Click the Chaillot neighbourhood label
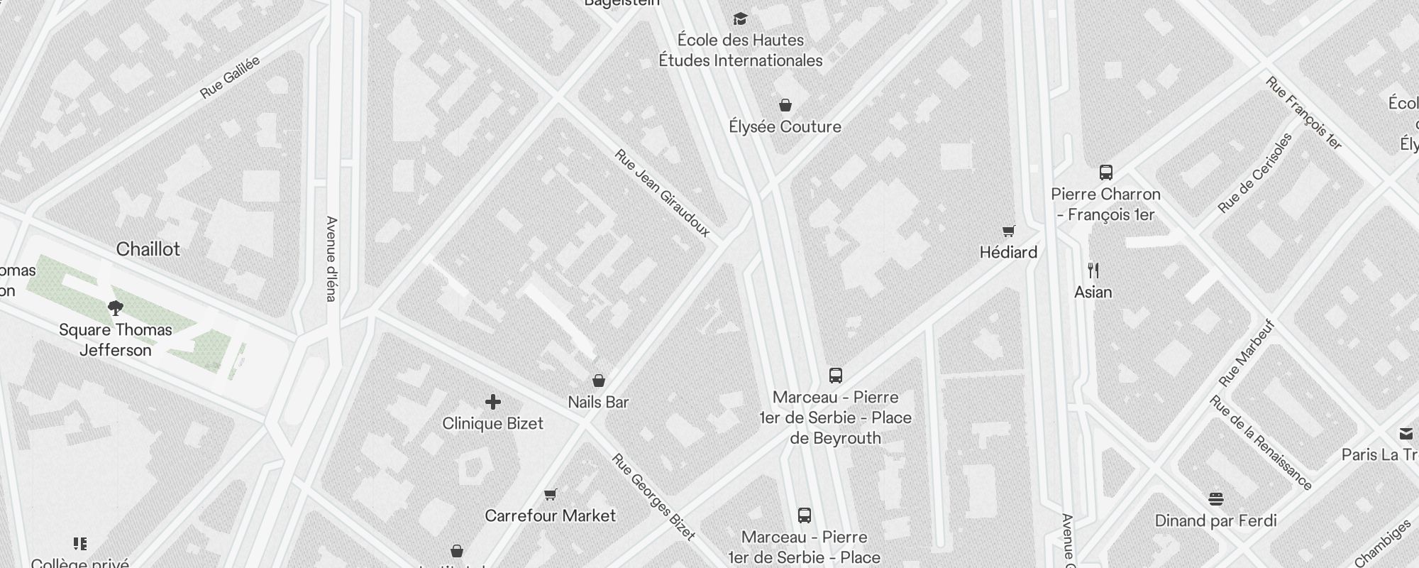point(148,249)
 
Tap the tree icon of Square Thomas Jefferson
point(116,308)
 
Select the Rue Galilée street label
point(230,77)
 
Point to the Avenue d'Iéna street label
point(331,258)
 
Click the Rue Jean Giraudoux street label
point(662,192)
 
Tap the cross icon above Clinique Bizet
point(493,403)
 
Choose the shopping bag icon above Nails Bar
point(599,381)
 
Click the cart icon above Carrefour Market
point(551,494)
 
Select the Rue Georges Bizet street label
point(653,497)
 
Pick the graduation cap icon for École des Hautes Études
point(740,19)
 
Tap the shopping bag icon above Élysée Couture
point(785,106)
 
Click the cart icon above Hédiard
point(1008,231)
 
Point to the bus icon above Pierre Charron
point(1105,173)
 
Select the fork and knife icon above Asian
point(1093,271)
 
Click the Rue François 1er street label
point(1304,114)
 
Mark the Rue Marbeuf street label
point(1247,354)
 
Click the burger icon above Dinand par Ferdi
point(1216,499)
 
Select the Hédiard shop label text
point(1008,252)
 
